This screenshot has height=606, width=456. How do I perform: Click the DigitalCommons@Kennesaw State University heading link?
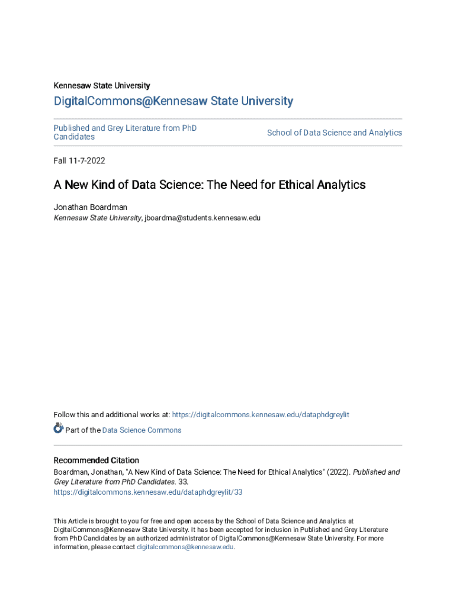pyautogui.click(x=173, y=101)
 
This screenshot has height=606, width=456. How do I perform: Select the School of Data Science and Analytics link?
pyautogui.click(x=334, y=133)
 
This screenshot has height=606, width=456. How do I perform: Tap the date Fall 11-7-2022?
pyautogui.click(x=79, y=160)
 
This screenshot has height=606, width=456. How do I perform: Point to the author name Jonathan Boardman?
pyautogui.click(x=90, y=207)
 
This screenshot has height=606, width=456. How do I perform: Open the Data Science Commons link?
pyautogui.click(x=142, y=430)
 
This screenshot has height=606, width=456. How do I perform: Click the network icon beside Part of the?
pyautogui.click(x=58, y=428)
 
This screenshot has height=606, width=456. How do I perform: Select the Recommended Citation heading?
pyautogui.click(x=96, y=460)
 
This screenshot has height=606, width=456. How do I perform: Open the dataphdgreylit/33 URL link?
pyautogui.click(x=148, y=492)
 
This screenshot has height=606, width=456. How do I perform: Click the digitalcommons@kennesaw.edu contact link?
pyautogui.click(x=185, y=547)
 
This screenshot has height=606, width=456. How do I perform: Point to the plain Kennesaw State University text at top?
pyautogui.click(x=101, y=85)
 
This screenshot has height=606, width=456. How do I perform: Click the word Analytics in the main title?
pyautogui.click(x=341, y=185)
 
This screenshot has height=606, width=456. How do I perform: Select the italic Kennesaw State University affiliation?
pyautogui.click(x=98, y=218)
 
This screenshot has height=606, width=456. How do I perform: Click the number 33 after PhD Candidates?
pyautogui.click(x=183, y=482)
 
